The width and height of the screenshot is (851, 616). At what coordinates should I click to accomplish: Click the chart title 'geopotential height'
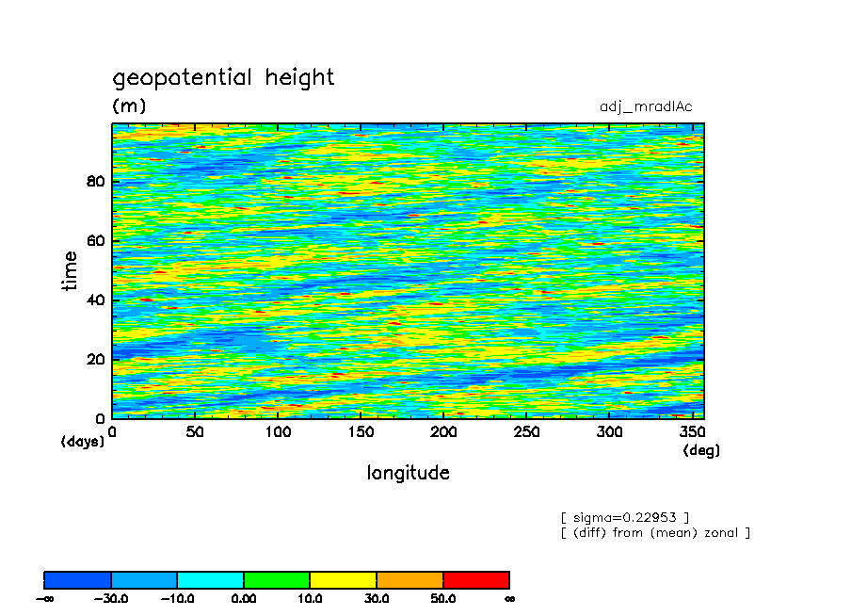pyautogui.click(x=223, y=77)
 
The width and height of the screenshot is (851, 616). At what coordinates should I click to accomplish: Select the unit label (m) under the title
pyautogui.click(x=129, y=105)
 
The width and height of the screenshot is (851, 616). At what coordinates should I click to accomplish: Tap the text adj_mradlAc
pyautogui.click(x=646, y=106)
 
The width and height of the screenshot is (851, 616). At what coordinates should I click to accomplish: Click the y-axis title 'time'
pyautogui.click(x=70, y=270)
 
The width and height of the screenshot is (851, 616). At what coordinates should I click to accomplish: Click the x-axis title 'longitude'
pyautogui.click(x=408, y=473)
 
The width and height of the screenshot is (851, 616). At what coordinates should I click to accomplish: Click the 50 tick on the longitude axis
pyautogui.click(x=195, y=432)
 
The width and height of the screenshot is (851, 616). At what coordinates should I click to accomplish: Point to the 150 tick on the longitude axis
pyautogui.click(x=361, y=432)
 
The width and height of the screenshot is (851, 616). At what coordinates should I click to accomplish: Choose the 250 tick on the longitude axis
pyautogui.click(x=526, y=432)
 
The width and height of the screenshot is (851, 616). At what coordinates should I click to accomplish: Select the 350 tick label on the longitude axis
pyautogui.click(x=692, y=432)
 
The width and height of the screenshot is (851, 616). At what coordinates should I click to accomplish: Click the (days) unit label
pyautogui.click(x=82, y=441)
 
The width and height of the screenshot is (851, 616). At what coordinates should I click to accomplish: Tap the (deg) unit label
pyautogui.click(x=701, y=450)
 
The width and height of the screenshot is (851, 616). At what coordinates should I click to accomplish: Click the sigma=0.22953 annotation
pyautogui.click(x=625, y=517)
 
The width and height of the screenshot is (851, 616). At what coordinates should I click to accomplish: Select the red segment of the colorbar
pyautogui.click(x=476, y=579)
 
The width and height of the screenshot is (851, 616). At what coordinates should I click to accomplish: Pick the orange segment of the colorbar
pyautogui.click(x=409, y=579)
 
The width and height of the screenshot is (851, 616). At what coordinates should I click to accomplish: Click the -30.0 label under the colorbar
pyautogui.click(x=111, y=599)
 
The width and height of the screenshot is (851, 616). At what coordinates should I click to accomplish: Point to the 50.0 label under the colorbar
pyautogui.click(x=442, y=599)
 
